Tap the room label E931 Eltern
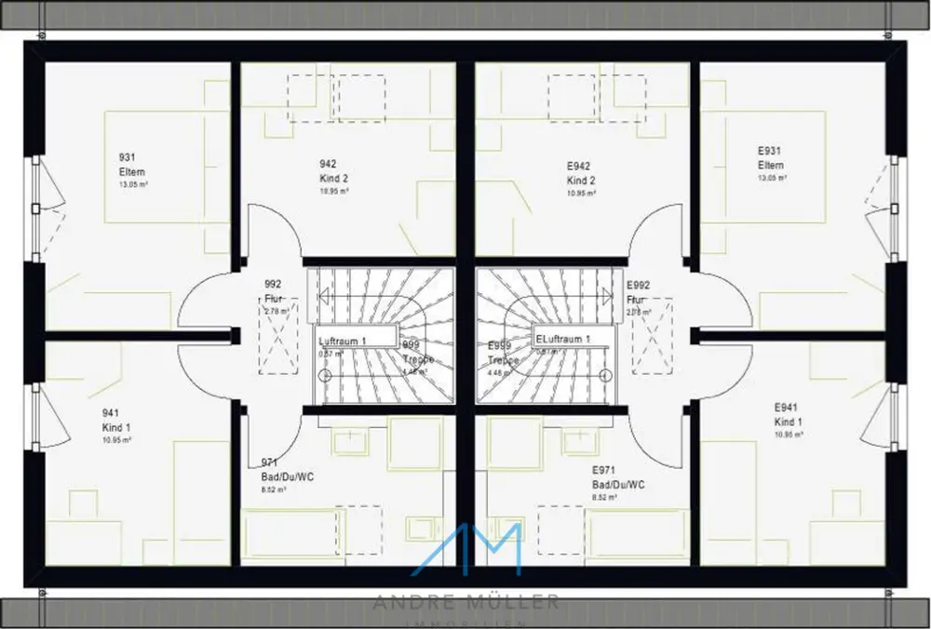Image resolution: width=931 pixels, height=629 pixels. pos(770,157)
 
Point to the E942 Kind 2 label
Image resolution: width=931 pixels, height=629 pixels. pos(581,173)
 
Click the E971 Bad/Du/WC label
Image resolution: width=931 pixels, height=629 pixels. pos(618,478)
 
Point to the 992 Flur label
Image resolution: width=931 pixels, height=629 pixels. pos(273,292)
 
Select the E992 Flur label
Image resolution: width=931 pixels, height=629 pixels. pos(638,293)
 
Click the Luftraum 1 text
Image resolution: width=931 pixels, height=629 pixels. pos(343,341)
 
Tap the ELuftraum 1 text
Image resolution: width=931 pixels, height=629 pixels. pos(562,340)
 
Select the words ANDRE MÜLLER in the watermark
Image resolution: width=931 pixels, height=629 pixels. pos(465,602)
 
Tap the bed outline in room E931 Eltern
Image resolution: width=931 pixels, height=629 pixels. pos(763,167)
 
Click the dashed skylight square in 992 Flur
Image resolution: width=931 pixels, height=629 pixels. pos(278,336)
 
